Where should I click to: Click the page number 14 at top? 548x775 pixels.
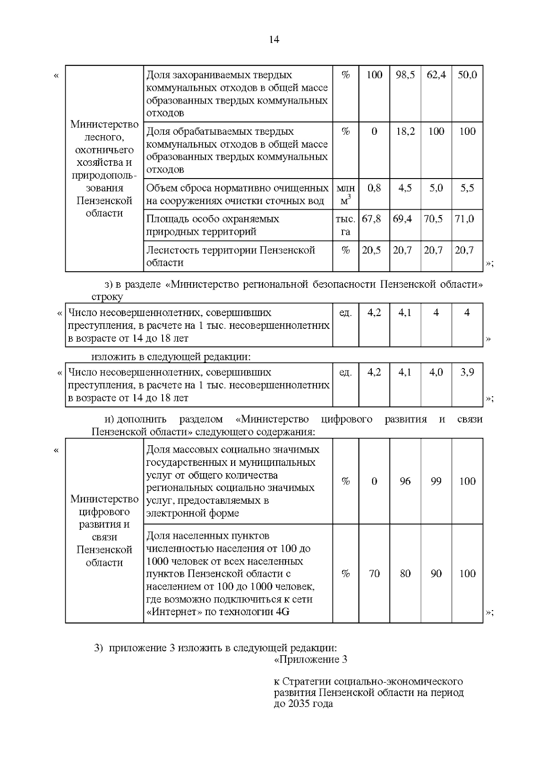pyautogui.click(x=274, y=40)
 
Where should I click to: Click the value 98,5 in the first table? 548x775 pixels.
pyautogui.click(x=405, y=75)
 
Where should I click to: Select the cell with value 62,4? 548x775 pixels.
pyautogui.click(x=436, y=75)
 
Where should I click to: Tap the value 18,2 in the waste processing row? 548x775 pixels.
pyautogui.click(x=405, y=132)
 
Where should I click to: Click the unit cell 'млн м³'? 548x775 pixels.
pyautogui.click(x=346, y=194)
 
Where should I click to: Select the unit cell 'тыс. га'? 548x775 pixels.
pyautogui.click(x=346, y=225)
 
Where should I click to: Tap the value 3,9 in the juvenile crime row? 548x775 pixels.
pyautogui.click(x=467, y=372)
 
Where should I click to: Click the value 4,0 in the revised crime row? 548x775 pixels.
pyautogui.click(x=436, y=372)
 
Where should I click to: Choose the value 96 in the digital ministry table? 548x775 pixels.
pyautogui.click(x=405, y=481)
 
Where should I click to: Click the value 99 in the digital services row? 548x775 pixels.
pyautogui.click(x=436, y=481)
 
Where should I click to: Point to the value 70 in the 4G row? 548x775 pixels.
pyautogui.click(x=374, y=574)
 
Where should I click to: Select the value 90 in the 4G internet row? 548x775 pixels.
pyautogui.click(x=436, y=574)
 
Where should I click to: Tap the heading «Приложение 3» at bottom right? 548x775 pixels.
pyautogui.click(x=311, y=659)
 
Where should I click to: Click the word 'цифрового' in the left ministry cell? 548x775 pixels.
pyautogui.click(x=105, y=511)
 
